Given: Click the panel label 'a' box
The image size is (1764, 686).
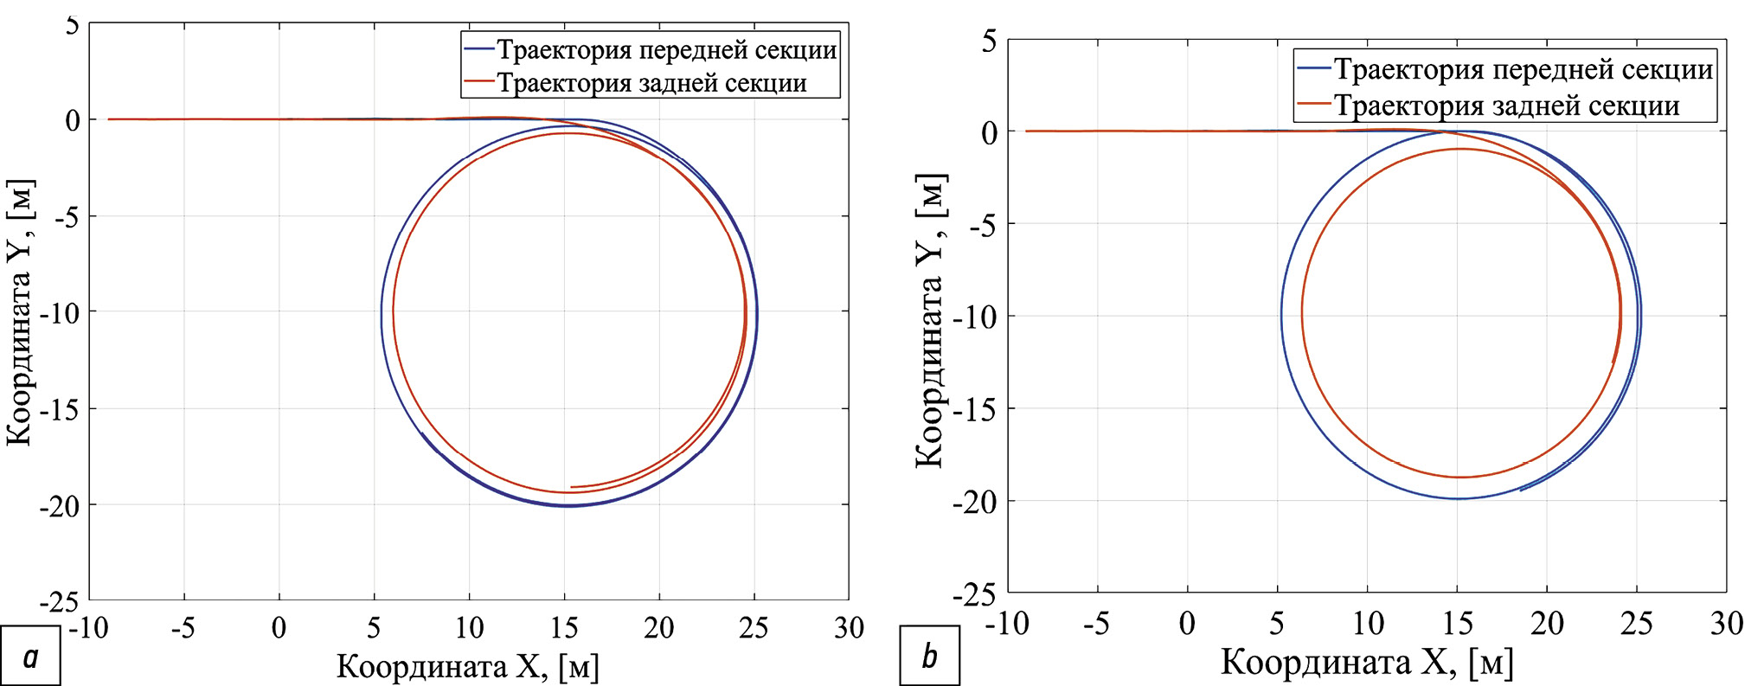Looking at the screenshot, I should [30, 657].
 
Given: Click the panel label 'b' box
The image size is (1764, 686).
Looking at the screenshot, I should [929, 657].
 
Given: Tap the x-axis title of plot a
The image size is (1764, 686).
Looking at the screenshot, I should [467, 667].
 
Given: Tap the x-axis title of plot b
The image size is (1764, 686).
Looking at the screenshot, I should [1367, 663].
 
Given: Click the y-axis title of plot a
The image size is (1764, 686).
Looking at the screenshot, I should [19, 312].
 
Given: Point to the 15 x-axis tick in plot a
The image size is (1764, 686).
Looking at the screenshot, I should [564, 627].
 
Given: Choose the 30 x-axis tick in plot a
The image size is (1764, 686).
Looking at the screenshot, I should [849, 627].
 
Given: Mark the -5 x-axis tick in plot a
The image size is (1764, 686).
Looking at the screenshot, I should [183, 627].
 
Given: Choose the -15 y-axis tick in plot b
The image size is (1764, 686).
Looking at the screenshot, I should [975, 409].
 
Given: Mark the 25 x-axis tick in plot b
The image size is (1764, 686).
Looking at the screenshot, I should [1636, 623].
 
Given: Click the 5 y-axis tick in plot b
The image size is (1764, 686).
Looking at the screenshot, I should [989, 41].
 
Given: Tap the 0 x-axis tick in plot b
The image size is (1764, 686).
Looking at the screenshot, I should [1187, 623].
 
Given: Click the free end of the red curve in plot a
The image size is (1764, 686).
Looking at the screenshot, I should [571, 487].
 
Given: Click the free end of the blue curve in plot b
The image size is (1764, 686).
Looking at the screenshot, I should [1520, 490].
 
